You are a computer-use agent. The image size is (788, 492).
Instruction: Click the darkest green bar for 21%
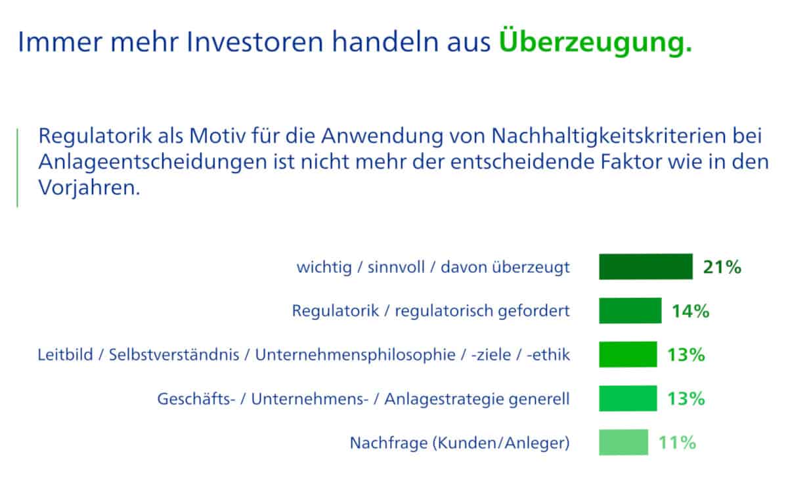coord(646,267)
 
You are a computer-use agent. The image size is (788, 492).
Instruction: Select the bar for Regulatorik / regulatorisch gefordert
coord(630,311)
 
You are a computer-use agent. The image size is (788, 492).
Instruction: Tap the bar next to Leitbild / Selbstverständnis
coord(628,354)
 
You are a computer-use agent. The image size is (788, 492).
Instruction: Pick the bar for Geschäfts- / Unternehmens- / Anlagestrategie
coord(628,399)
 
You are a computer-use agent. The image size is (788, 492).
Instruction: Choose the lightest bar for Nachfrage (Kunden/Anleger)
coord(624,442)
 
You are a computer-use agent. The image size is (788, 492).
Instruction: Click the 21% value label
coord(722,267)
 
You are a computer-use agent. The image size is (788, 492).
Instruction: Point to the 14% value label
coord(691,311)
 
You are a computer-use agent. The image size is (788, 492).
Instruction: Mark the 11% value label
coord(677,443)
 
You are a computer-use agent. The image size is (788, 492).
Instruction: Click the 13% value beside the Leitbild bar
coord(686,355)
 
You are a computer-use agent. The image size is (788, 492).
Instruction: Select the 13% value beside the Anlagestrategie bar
coord(686,399)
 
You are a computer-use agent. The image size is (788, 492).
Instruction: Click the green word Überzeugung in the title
coord(595,41)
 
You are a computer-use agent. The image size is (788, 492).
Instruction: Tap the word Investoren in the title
coord(255,42)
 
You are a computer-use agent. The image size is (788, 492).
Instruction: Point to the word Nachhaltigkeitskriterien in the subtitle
coord(609,136)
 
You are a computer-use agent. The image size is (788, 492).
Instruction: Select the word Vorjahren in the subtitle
coord(89,188)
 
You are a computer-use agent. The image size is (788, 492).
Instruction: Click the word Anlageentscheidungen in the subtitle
coord(152,161)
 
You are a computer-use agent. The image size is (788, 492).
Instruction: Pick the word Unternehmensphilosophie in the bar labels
coord(355,355)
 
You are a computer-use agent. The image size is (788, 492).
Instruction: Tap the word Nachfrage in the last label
coord(389,443)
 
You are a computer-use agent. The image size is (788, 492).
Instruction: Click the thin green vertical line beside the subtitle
coord(17,168)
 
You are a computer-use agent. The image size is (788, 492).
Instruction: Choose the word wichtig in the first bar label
coord(324,268)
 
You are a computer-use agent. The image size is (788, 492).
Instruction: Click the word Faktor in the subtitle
coord(632,161)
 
